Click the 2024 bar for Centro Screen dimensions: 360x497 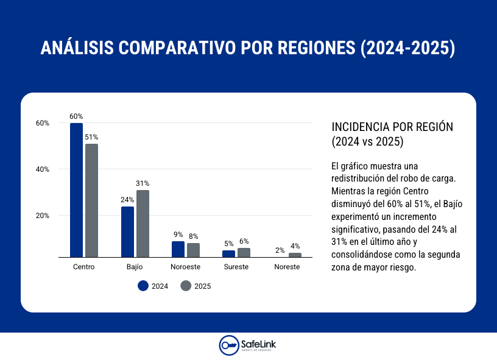click(76, 190)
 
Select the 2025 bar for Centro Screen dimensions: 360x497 click(91, 200)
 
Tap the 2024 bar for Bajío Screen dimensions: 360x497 click(127, 232)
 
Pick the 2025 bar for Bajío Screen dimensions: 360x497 click(143, 224)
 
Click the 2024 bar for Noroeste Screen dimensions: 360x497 click(178, 249)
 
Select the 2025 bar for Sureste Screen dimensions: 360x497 click(244, 252)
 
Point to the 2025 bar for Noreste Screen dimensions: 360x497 click(295, 255)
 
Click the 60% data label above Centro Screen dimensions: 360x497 click(76, 116)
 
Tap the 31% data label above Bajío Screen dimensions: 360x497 click(143, 183)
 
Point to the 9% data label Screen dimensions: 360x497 click(178, 235)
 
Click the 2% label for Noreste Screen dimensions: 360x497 click(280, 250)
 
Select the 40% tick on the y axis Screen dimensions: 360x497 click(42, 169)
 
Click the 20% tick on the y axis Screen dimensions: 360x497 click(42, 216)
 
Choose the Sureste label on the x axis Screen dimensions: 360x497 click(236, 267)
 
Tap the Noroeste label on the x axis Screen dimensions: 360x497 click(185, 267)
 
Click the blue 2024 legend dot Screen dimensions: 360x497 click(143, 286)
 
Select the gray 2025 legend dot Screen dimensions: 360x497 click(186, 286)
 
